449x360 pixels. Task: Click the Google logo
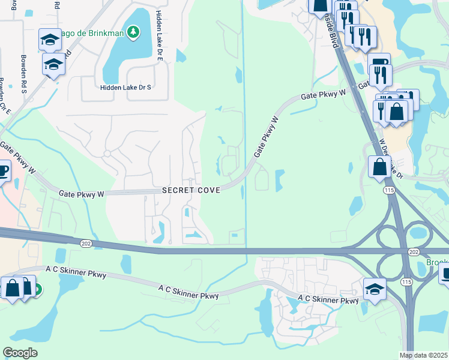click(x=20, y=353)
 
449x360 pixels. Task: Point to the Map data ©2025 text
click(x=424, y=355)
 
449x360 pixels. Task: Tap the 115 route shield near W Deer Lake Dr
click(x=389, y=190)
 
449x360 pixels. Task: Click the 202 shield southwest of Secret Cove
click(x=85, y=242)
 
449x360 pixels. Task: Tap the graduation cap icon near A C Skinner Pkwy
click(x=374, y=289)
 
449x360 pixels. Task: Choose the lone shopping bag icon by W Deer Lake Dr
click(x=379, y=166)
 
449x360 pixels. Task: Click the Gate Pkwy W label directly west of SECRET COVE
click(x=82, y=194)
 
